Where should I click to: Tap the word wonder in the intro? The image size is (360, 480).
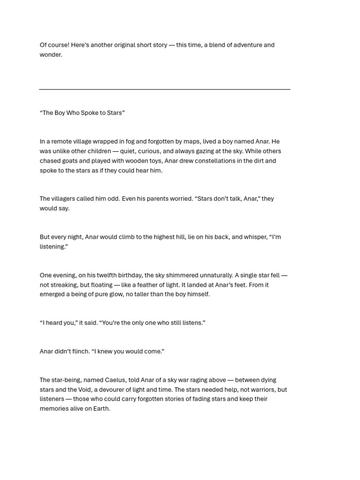[x=50, y=55]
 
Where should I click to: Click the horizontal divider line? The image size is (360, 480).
[x=165, y=89]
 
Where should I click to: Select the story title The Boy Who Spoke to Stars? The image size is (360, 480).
[x=82, y=113]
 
